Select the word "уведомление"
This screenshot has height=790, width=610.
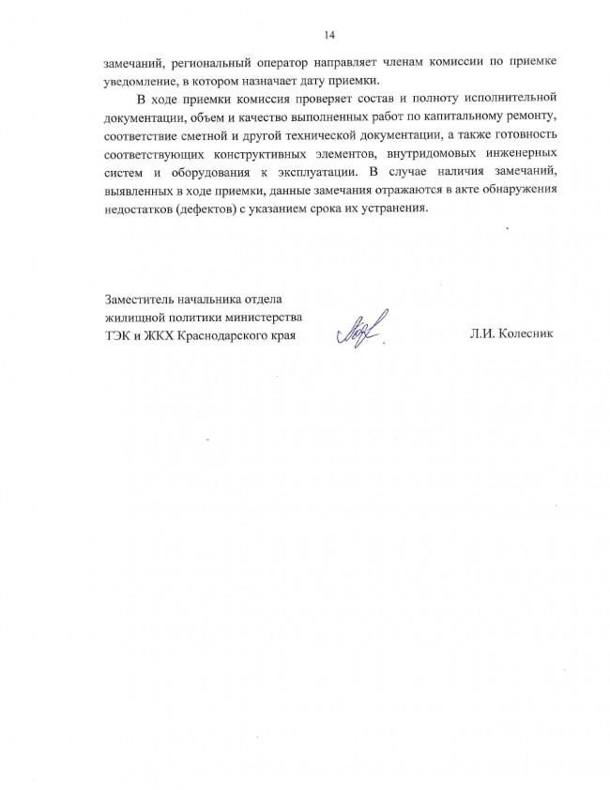coord(141,80)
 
